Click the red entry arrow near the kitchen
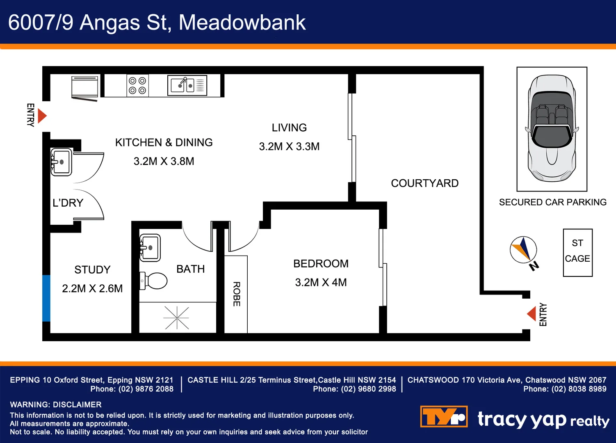42,116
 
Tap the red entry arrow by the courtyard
532,314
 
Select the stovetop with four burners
137,86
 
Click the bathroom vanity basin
150,248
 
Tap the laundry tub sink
61,162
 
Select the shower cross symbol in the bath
176,318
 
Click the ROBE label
237,294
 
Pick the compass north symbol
524,250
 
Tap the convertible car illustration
552,128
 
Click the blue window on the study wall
46,298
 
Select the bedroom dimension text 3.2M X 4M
321,283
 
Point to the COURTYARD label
424,183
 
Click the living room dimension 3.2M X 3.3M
289,146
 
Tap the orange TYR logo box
444,417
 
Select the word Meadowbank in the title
242,23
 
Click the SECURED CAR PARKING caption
552,202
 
